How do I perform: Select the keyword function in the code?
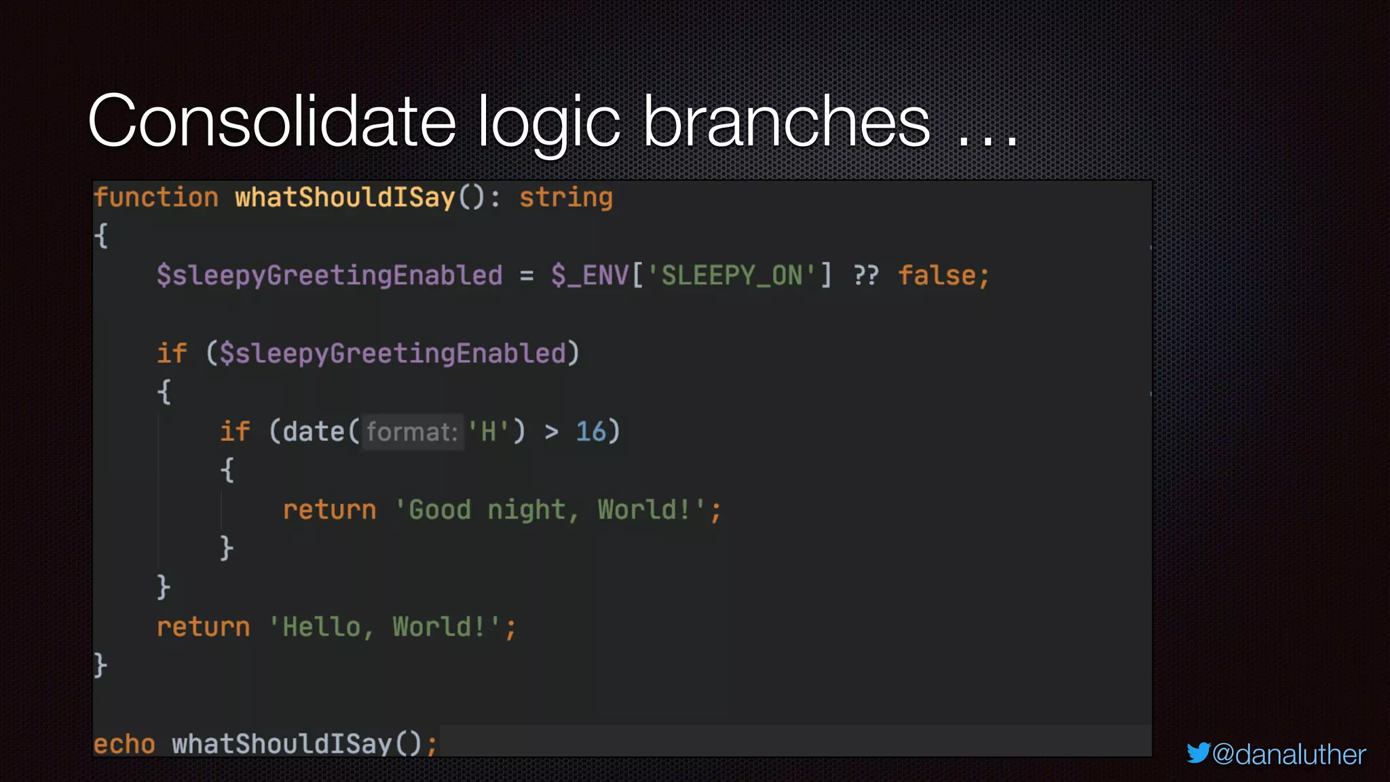(156, 198)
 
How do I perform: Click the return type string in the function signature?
(565, 198)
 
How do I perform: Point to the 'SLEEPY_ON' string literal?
(732, 276)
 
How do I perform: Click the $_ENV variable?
(589, 276)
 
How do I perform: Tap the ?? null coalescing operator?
(865, 276)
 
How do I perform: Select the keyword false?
(937, 276)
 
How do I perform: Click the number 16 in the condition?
(590, 432)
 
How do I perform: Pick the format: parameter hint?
(412, 432)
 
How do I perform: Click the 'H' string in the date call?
(488, 432)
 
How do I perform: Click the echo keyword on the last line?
(124, 744)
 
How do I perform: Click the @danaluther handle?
(1288, 754)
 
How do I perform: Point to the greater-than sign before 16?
(551, 432)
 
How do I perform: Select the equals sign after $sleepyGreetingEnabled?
(527, 276)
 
